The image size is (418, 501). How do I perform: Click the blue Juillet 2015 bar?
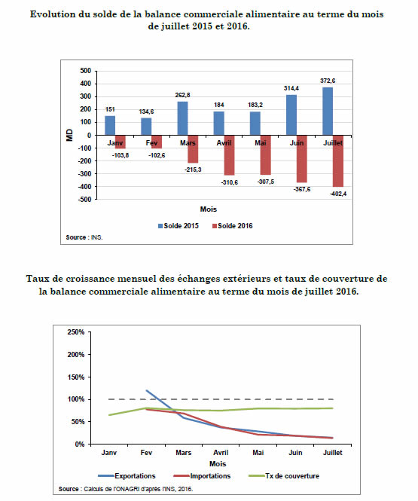click(328, 112)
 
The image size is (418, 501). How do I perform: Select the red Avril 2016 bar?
click(229, 155)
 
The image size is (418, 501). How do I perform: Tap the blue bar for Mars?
click(183, 118)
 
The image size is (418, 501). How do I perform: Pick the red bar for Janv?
click(121, 142)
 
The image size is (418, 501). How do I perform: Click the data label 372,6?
click(328, 81)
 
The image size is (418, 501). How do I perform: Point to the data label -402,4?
click(338, 194)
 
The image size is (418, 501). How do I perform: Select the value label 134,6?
click(146, 112)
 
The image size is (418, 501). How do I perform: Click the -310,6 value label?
click(229, 182)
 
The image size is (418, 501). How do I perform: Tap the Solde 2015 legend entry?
click(178, 226)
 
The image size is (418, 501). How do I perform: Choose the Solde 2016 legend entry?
click(233, 226)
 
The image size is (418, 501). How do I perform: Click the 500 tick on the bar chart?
click(86, 71)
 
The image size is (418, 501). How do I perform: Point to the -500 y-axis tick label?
click(84, 199)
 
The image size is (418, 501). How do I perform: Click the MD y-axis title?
click(69, 135)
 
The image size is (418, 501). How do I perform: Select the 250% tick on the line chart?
click(76, 332)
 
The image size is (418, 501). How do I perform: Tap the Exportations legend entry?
click(127, 476)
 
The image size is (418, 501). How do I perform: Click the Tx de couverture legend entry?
click(284, 476)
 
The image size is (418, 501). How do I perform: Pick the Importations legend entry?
click(202, 476)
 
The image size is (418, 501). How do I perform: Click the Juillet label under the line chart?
click(332, 453)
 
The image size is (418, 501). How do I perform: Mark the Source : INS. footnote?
click(84, 237)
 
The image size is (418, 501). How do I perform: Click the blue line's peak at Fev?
click(147, 390)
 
